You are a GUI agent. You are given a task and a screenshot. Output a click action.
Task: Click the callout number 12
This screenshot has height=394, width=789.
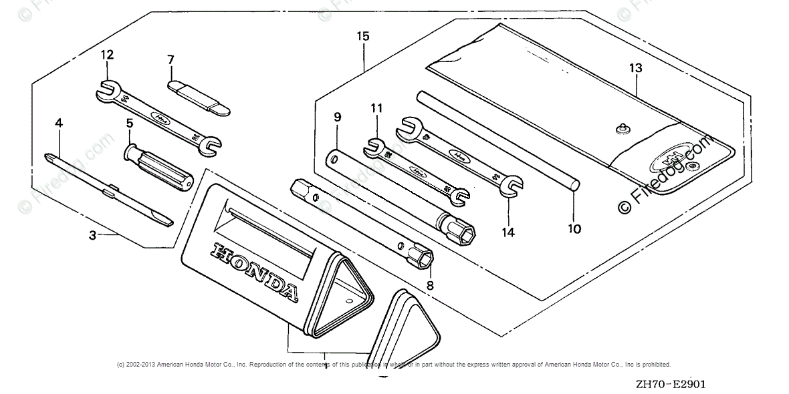[108, 55]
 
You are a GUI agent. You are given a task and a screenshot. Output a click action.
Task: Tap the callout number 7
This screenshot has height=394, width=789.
[171, 60]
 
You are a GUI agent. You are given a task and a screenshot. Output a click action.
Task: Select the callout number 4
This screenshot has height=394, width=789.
[59, 124]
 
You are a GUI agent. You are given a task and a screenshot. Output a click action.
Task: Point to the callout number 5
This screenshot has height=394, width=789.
[130, 124]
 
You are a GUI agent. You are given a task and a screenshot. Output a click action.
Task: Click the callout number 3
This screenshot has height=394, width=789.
[93, 235]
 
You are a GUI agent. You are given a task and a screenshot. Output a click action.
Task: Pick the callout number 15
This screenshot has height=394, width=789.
[362, 37]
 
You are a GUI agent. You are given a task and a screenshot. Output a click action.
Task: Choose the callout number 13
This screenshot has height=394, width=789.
[635, 67]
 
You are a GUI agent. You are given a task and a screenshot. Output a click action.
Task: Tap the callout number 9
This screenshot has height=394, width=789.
[338, 118]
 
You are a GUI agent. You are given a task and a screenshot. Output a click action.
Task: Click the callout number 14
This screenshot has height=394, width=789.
[508, 232]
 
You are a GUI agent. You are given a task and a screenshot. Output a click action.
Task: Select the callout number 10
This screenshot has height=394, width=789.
[574, 229]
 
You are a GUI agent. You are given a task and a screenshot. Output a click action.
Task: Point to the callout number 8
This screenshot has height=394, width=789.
[429, 286]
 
